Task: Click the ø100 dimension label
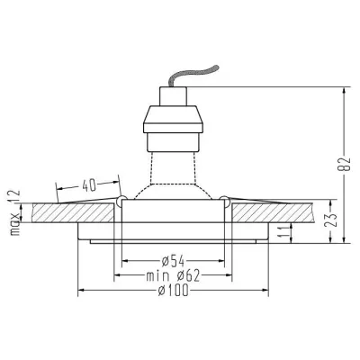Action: (x=174, y=290)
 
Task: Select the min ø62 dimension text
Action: (x=173, y=275)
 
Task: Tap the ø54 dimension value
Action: (x=173, y=261)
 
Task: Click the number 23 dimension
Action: (x=332, y=220)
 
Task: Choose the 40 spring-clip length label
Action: (x=89, y=185)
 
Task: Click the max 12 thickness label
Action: (x=14, y=212)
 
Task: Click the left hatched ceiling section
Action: (x=73, y=213)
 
